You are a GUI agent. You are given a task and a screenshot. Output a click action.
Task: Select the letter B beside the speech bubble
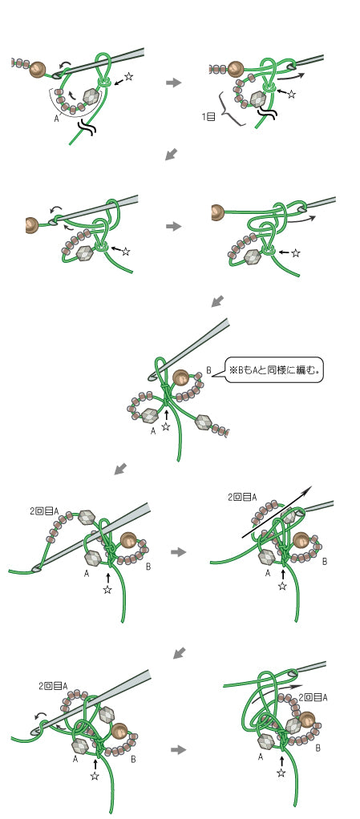[208, 370]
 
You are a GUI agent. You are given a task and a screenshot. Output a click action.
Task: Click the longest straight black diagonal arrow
[277, 512]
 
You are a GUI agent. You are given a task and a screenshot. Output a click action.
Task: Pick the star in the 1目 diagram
[292, 95]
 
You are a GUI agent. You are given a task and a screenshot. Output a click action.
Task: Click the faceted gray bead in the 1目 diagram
[257, 99]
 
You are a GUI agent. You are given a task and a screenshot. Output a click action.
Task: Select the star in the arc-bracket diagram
[129, 77]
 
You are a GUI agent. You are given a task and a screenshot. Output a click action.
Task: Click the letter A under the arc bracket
[56, 119]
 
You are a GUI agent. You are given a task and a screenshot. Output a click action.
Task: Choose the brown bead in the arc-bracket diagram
[38, 70]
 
